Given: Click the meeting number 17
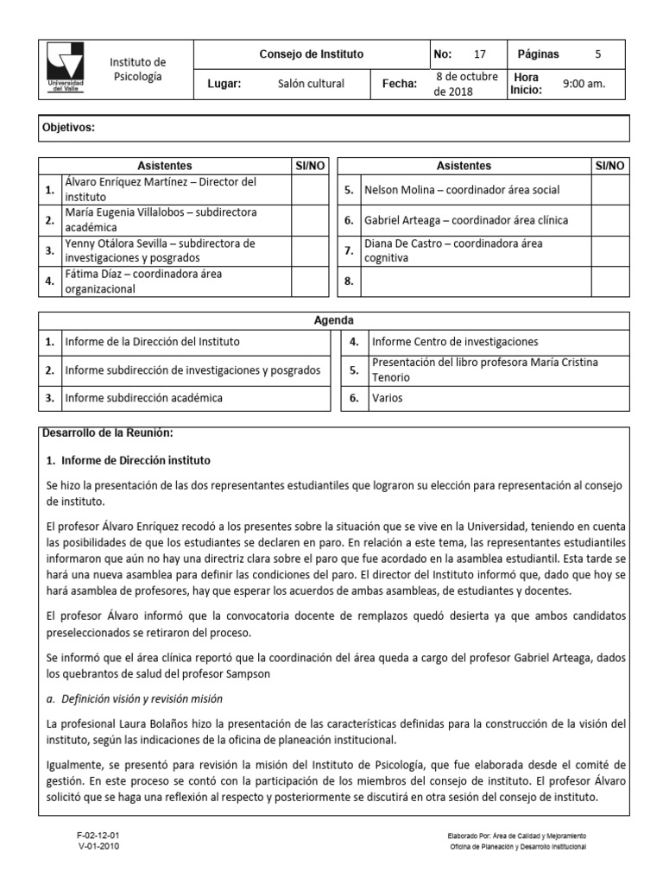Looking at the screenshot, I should tap(480, 54).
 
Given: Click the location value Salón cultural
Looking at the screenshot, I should tap(311, 84).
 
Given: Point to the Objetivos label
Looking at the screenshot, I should tap(69, 128).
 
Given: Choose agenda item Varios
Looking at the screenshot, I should tap(386, 398).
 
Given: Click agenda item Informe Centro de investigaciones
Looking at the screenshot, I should tap(455, 342).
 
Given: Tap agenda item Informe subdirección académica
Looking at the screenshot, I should tap(144, 398).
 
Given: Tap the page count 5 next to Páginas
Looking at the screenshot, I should tap(598, 54).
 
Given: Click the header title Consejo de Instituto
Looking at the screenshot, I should tap(312, 54).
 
